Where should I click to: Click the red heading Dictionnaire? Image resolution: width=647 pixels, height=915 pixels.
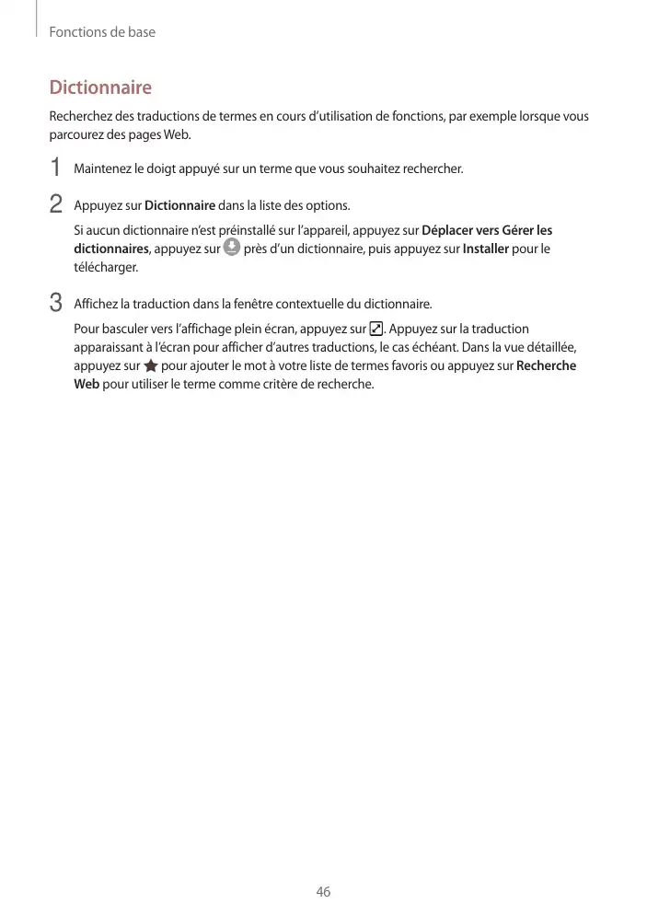point(100,88)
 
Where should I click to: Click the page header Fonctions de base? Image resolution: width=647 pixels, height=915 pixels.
point(102,32)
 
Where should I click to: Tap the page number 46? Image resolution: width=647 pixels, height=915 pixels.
point(323,892)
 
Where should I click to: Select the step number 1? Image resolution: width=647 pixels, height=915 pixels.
point(56,168)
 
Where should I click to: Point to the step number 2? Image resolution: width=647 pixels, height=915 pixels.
point(56,203)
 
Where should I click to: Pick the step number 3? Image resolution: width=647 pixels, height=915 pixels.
point(56,303)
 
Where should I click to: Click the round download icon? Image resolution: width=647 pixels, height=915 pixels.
point(232,248)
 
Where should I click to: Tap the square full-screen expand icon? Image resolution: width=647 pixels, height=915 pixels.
point(375,329)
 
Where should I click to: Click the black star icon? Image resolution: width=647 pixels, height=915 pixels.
point(151,366)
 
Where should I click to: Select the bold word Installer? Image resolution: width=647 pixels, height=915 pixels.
point(485,249)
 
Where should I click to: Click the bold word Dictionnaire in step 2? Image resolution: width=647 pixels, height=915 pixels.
point(180,204)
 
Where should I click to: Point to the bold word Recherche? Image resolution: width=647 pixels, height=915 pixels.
point(547,365)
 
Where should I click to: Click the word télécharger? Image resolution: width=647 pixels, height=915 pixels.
point(106,267)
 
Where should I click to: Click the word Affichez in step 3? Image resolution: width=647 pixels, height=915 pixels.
point(96,304)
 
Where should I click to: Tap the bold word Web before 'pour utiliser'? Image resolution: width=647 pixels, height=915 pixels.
point(87,384)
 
